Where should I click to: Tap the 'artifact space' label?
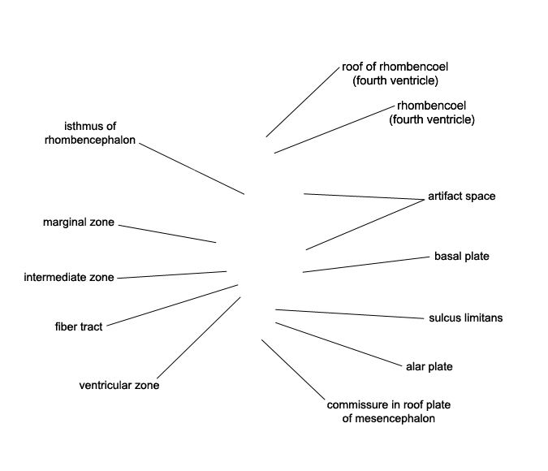pyautogui.click(x=461, y=197)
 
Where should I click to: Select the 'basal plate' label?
pyautogui.click(x=461, y=257)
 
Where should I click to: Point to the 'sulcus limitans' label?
pyautogui.click(x=465, y=318)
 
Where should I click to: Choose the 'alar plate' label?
pyautogui.click(x=429, y=367)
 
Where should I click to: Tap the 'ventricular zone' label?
pyautogui.click(x=119, y=386)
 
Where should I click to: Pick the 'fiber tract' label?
pyautogui.click(x=78, y=327)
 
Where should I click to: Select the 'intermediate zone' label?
pyautogui.click(x=69, y=278)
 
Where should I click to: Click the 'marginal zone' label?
pyautogui.click(x=79, y=222)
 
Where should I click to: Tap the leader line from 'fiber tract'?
pyautogui.click(x=171, y=305)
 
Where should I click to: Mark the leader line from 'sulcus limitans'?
pyautogui.click(x=349, y=313)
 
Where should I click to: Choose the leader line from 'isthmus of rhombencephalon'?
pyautogui.click(x=192, y=169)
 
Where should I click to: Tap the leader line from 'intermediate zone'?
pyautogui.click(x=171, y=274)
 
